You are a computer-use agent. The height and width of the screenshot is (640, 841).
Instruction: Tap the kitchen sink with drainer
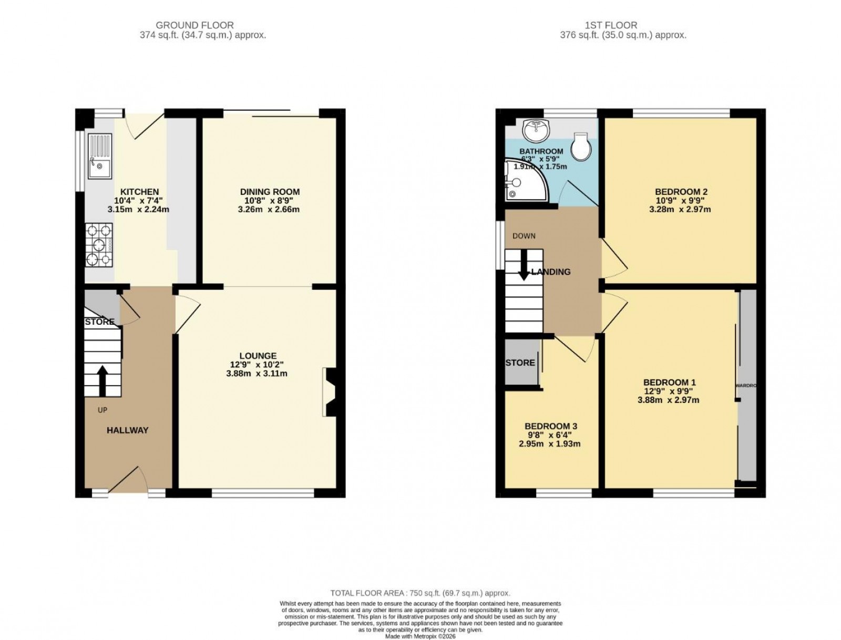coord(100,156)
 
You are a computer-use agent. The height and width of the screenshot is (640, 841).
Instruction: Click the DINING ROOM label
coord(270,192)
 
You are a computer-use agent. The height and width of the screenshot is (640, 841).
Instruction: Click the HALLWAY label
coord(127,430)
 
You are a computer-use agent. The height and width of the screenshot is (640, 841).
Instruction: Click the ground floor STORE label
coord(99,322)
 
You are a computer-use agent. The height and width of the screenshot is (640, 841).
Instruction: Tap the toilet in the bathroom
coord(581,147)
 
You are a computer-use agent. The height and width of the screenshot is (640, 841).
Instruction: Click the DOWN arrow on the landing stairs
coord(524,268)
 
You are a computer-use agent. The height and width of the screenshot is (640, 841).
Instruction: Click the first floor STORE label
coord(520,363)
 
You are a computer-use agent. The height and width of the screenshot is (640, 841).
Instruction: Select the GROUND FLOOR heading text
coord(194,25)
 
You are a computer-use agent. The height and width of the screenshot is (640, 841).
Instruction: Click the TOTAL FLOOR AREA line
coord(420,593)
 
